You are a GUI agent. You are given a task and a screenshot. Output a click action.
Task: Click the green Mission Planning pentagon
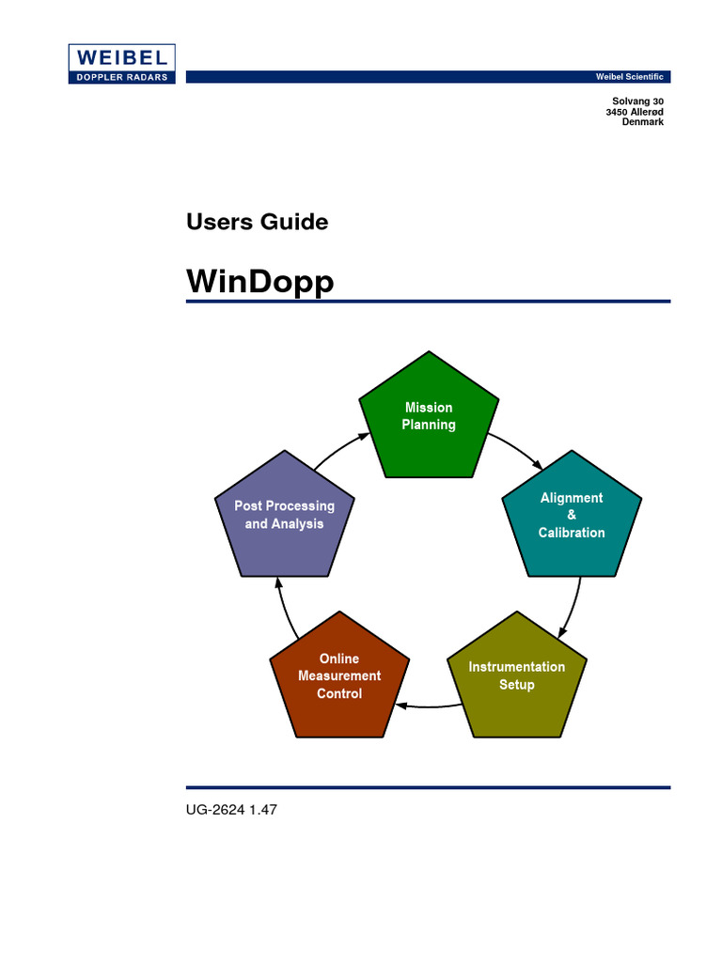[x=430, y=417]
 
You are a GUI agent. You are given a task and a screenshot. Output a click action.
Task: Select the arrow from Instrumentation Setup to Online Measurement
[x=428, y=706]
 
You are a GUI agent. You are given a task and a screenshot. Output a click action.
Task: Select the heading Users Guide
[x=257, y=223]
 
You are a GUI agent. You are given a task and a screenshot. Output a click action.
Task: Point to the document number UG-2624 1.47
[x=231, y=808]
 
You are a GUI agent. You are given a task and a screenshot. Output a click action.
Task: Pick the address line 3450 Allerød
[x=635, y=112]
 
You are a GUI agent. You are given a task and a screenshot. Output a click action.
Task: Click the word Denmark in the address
[x=643, y=122]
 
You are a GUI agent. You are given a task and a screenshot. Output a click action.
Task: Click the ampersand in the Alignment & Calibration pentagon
[x=572, y=515]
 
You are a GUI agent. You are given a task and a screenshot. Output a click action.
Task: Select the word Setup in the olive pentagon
[x=517, y=685]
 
